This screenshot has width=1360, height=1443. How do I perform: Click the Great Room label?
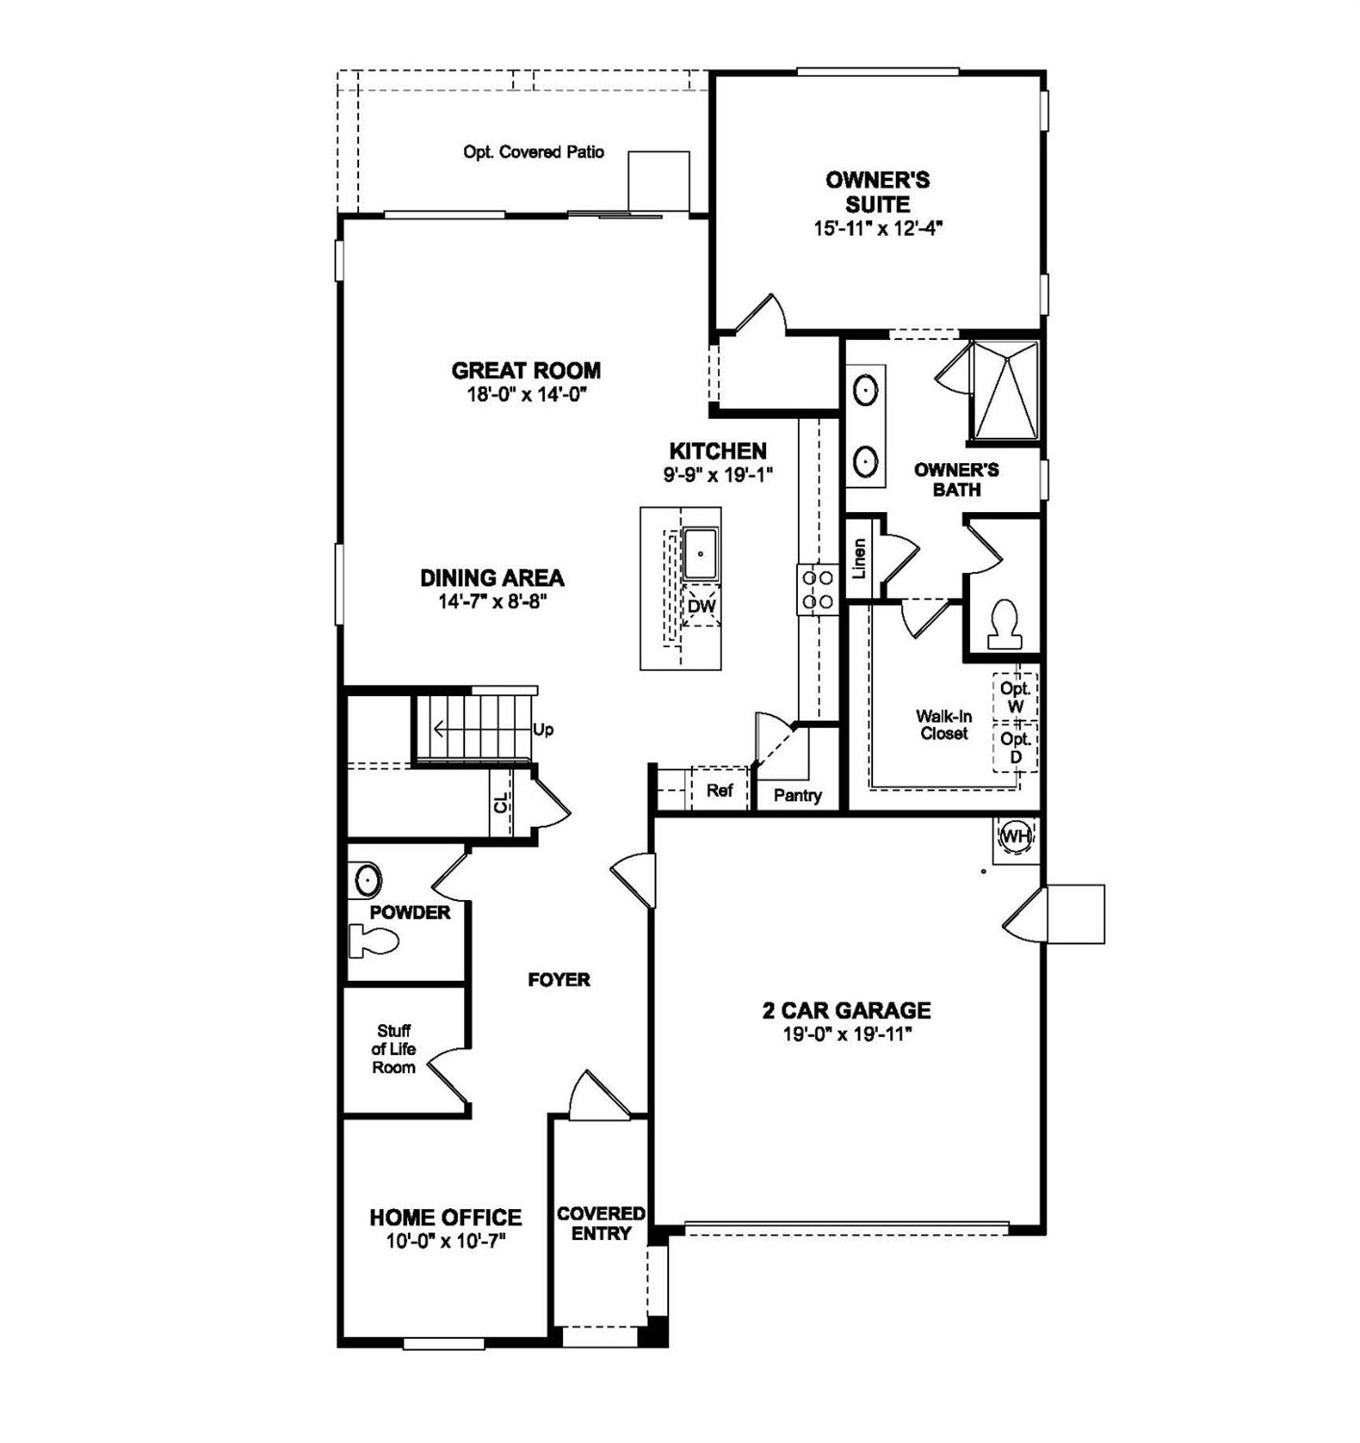pos(526,371)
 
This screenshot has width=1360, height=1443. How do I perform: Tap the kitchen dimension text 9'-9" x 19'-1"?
pos(718,475)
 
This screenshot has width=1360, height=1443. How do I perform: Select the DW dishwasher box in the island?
pos(702,606)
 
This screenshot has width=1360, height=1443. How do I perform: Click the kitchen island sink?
pos(700,554)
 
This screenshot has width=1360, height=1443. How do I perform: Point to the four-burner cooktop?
pos(817,589)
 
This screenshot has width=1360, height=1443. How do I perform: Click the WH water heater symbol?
pos(1014,837)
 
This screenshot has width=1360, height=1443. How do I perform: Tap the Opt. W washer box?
pos(1015,697)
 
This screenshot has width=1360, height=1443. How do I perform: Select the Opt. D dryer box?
pos(1015,748)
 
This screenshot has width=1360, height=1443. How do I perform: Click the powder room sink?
pos(367,879)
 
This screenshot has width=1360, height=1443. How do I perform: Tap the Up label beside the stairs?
pos(543,730)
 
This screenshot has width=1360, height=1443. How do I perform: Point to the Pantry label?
pos(797,795)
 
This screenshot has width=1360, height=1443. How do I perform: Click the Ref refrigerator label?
pos(719,790)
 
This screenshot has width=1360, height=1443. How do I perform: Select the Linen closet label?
pos(860,557)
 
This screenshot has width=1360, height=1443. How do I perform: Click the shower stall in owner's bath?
pos(1004,390)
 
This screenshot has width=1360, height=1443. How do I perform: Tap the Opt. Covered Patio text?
pos(533,152)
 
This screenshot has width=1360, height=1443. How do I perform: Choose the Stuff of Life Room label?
pos(394,1049)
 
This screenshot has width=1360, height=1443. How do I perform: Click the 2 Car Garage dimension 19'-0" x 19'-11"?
pos(847,1035)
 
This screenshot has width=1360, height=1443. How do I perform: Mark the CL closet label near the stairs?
pos(500,803)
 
